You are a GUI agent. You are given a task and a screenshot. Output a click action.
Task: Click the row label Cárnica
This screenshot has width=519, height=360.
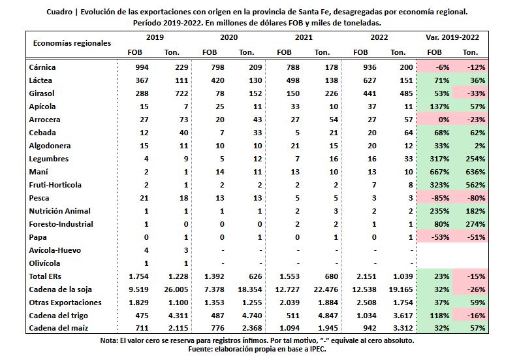[x=42, y=67]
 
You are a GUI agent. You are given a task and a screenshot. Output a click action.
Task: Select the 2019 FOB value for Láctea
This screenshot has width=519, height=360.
[x=142, y=80]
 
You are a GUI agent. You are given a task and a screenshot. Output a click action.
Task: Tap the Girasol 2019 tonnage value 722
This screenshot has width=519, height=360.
[x=181, y=93]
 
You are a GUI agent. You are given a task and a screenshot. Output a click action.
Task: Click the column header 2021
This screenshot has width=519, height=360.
[x=304, y=37]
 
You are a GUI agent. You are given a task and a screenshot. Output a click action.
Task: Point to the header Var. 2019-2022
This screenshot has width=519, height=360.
[x=452, y=37]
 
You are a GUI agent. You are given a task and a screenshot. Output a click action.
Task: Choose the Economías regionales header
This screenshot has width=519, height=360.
[x=72, y=43]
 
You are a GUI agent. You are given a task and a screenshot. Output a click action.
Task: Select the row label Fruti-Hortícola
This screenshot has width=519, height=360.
[x=55, y=185]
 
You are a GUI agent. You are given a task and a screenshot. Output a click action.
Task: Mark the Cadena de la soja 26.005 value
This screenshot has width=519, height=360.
[x=176, y=289]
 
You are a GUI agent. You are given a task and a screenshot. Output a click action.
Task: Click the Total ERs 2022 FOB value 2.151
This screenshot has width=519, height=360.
[x=364, y=276]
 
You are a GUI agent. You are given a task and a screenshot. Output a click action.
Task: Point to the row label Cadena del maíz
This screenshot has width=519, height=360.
[x=59, y=328]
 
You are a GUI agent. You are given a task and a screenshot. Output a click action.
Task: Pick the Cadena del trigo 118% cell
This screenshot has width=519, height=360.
[x=439, y=316]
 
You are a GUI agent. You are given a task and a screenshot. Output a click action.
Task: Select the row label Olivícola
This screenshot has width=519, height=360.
[x=44, y=263]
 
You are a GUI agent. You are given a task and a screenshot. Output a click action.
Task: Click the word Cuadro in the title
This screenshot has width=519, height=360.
[x=59, y=12]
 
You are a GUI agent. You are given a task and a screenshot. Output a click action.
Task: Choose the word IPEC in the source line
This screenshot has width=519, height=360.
[x=317, y=349]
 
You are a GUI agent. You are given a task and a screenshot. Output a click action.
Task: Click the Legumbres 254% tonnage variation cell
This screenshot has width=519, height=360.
[x=475, y=159]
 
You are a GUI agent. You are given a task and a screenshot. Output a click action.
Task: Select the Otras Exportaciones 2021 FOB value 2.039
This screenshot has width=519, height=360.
[x=287, y=303]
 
